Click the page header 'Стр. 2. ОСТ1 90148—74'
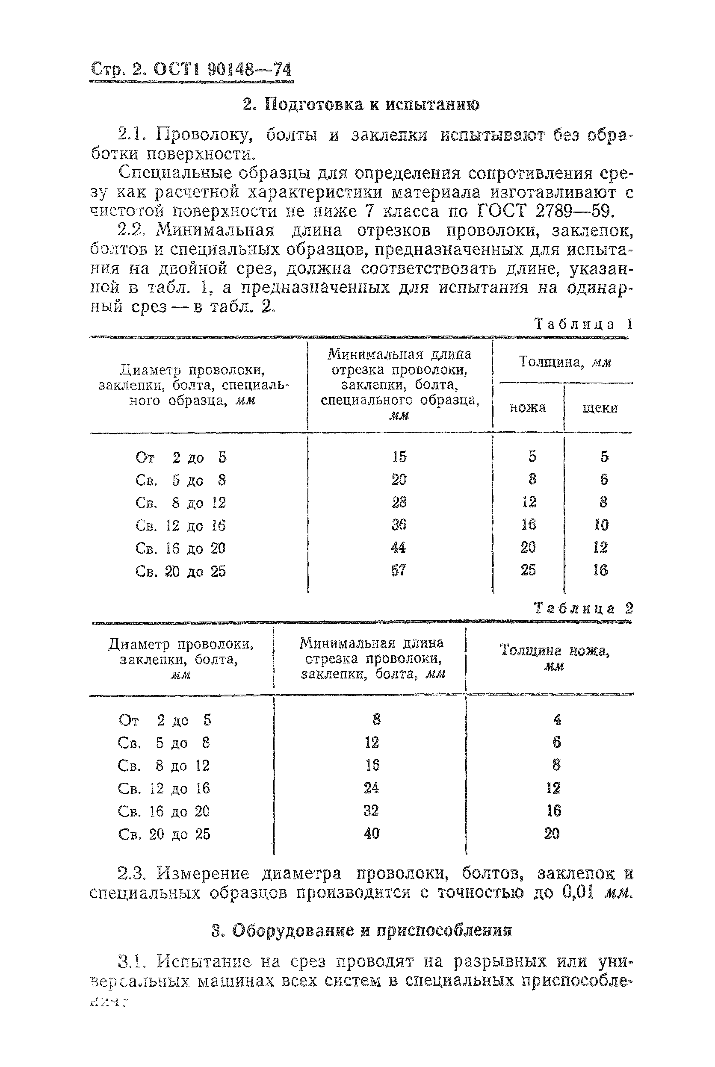pyautogui.click(x=191, y=69)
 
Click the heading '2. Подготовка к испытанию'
pyautogui.click(x=360, y=105)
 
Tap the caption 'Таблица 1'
pyautogui.click(x=583, y=324)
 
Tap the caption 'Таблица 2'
pyautogui.click(x=583, y=608)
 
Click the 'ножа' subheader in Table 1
pyautogui.click(x=528, y=407)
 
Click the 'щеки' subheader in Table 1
pyautogui.click(x=600, y=407)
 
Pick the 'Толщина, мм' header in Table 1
pyautogui.click(x=564, y=363)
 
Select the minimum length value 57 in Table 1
pyautogui.click(x=399, y=570)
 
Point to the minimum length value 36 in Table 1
pyautogui.click(x=399, y=525)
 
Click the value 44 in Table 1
pyautogui.click(x=399, y=548)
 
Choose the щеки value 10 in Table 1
pyautogui.click(x=601, y=525)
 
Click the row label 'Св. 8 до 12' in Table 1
pyautogui.click(x=180, y=503)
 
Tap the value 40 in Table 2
pyautogui.click(x=372, y=834)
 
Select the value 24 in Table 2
pyautogui.click(x=372, y=788)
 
